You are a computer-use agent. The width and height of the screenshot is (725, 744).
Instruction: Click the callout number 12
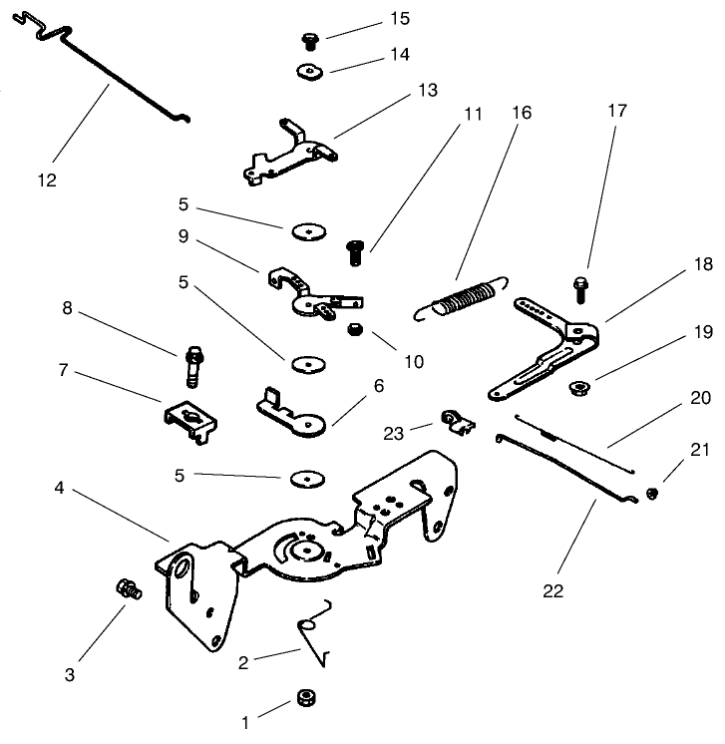point(47,181)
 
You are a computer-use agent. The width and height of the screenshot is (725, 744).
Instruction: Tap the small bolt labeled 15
point(309,41)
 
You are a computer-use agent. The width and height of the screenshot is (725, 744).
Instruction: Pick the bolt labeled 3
point(127,588)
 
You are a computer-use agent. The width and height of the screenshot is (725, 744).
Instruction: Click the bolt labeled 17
point(581,289)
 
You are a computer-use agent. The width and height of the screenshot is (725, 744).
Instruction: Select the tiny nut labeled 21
point(651,493)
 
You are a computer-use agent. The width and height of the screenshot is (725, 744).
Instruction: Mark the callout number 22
point(554,590)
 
